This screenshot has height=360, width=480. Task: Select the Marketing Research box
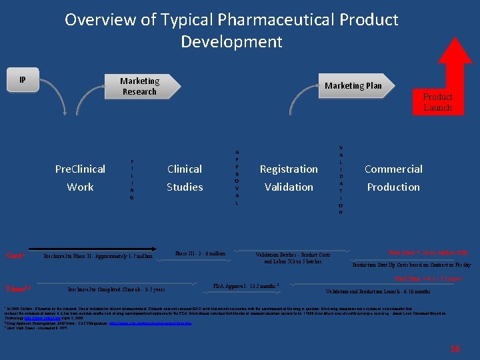pyautogui.click(x=139, y=87)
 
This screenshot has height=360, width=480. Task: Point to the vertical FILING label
pyautogui.click(x=131, y=179)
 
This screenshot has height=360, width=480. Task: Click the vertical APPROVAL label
pyautogui.click(x=236, y=177)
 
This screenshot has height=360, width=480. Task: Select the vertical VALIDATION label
pyautogui.click(x=341, y=179)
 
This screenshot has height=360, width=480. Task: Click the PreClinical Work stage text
pyautogui.click(x=80, y=178)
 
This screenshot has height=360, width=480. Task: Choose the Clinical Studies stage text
pyautogui.click(x=185, y=178)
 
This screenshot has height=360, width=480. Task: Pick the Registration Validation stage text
pyautogui.click(x=289, y=178)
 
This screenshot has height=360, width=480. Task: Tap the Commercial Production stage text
pyautogui.click(x=393, y=178)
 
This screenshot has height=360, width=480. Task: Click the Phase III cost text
pyautogui.click(x=200, y=253)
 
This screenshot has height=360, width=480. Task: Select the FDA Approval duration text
pyautogui.click(x=245, y=285)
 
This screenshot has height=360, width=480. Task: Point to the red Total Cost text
pyautogui.click(x=427, y=253)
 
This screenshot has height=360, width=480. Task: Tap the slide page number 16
pyautogui.click(x=455, y=348)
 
